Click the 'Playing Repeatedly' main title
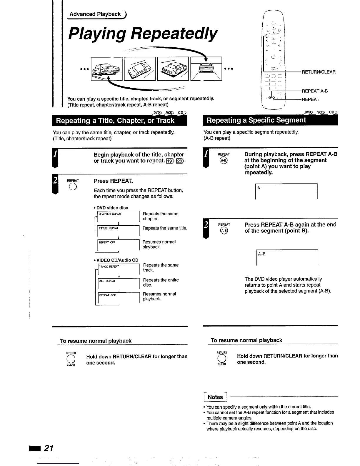tap(143, 34)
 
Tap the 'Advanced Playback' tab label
tap(95, 14)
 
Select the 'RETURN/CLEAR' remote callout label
tap(319, 72)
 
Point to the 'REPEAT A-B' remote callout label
tap(314, 91)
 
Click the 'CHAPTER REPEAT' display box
tap(118, 216)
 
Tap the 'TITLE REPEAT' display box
tap(118, 230)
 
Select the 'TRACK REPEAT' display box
tap(118, 269)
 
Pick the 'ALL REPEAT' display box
tap(118, 283)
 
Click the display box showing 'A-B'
tap(287, 258)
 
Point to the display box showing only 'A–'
tap(286, 192)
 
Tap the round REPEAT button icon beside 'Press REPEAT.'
tap(73, 187)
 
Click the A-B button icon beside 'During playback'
tap(224, 160)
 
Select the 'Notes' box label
tap(215, 397)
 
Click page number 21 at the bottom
tap(48, 448)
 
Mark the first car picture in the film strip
tap(107, 69)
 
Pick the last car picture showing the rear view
tap(206, 69)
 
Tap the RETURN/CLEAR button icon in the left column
tap(71, 359)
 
